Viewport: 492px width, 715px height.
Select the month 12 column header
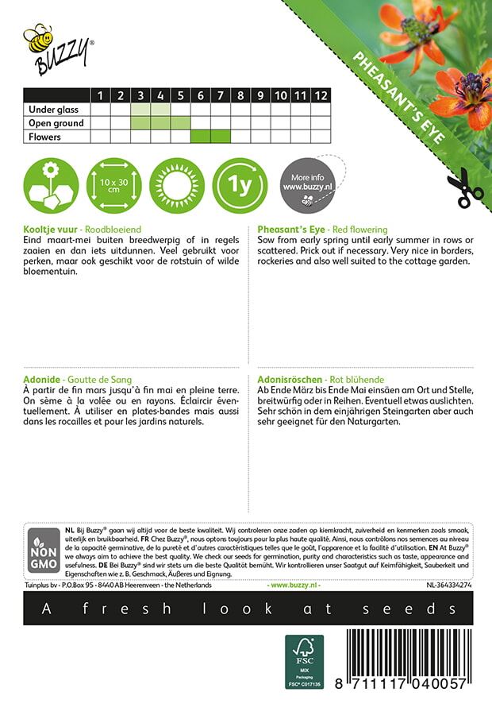(x=320, y=95)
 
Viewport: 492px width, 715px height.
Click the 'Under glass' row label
(x=50, y=110)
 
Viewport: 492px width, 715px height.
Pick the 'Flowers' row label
(x=45, y=137)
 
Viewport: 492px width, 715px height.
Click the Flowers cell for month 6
(x=201, y=137)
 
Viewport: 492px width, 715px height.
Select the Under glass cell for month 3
(x=140, y=110)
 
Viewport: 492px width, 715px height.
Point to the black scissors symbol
(x=464, y=190)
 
